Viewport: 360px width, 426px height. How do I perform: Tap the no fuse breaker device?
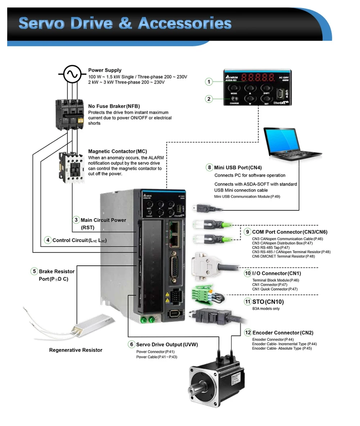pos(72,115)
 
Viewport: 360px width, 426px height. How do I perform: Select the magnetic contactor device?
pos(72,165)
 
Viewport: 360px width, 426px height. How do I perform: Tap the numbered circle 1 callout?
pos(209,82)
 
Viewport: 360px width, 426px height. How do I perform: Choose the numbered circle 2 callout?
pos(209,98)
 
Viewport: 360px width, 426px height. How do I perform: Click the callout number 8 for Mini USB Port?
pos(209,167)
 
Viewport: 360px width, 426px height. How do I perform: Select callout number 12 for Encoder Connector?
pos(248,332)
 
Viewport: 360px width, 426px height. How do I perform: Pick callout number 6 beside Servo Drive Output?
pos(131,344)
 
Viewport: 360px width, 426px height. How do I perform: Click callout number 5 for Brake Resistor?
pos(34,271)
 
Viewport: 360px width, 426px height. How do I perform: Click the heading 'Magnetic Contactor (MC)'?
pos(117,152)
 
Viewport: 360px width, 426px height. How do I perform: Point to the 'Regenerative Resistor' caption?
pos(76,350)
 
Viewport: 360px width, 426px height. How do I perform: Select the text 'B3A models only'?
pos(266,308)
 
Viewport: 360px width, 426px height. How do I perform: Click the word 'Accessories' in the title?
pos(184,23)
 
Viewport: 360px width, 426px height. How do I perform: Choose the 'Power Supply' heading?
pos(105,70)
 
